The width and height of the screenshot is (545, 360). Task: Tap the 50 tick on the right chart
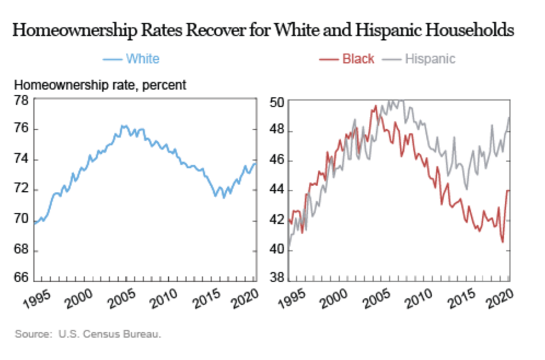(277, 102)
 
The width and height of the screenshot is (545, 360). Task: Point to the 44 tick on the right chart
(277, 191)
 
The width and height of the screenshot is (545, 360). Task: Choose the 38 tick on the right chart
(277, 279)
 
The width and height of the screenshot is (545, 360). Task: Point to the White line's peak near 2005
(124, 126)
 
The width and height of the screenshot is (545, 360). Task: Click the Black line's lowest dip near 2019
(503, 242)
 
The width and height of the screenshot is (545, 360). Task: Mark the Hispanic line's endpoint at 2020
(509, 117)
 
